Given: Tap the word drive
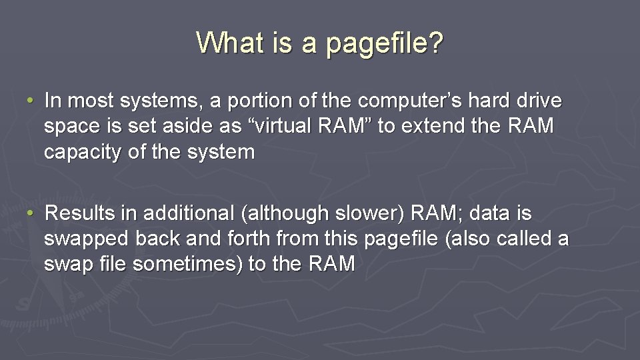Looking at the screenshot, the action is (x=540, y=101).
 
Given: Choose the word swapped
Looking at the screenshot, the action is (x=86, y=239).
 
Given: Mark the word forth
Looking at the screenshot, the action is (x=249, y=239).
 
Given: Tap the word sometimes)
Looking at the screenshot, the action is (x=187, y=264).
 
